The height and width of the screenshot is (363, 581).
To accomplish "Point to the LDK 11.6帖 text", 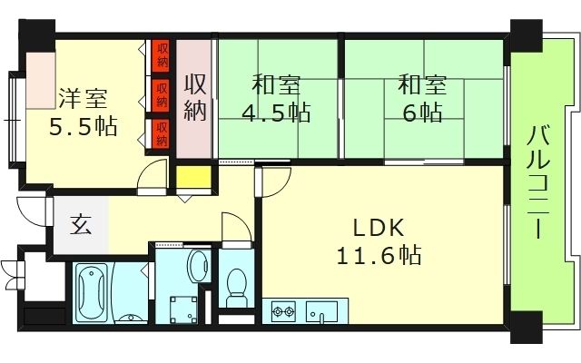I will [x=379, y=241].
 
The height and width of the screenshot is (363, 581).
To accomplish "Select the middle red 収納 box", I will [x=162, y=90].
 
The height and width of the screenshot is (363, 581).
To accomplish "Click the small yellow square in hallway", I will [x=190, y=178].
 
